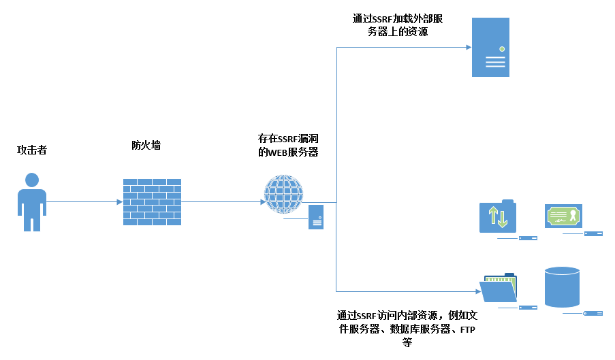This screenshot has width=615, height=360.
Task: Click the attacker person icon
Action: pos(31,203)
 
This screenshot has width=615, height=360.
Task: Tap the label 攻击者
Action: pos(32,150)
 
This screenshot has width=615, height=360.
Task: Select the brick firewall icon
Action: pos(152,202)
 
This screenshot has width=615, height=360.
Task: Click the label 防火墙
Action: pos(146,145)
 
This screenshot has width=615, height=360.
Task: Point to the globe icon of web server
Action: pos(283,194)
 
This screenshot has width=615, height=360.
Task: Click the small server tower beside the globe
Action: pos(315,216)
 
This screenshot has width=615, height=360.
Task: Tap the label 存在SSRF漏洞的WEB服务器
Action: pos(288,145)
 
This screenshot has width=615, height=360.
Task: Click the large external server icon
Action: pos(490,47)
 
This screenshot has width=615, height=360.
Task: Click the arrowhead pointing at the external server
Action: pos(468,47)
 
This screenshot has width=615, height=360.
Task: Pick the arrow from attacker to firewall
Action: pos(82,201)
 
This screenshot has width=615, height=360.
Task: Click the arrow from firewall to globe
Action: pos(221,201)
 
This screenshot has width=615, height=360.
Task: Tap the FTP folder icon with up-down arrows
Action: pos(498,216)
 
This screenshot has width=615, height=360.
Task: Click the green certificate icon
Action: pos(563,216)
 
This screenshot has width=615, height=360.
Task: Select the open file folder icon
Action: pos(499,288)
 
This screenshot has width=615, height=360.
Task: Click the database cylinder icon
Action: pos(562,287)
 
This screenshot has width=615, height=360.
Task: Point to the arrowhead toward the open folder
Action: pos(477,289)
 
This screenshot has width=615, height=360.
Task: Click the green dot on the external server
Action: pos(502,49)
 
